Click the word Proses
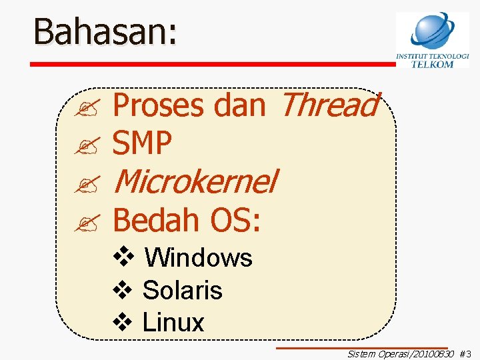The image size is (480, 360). coord(158,105)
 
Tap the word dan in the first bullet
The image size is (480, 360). coord(240,105)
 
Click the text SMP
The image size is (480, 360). coord(143,143)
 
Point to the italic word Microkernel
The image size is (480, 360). coord(195,181)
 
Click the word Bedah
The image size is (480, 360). coord(158,219)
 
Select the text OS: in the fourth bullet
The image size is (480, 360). coord(235,219)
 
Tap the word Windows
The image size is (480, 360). coord(198,257)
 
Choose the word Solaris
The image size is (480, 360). coord(182,290)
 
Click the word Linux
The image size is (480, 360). coord(173,323)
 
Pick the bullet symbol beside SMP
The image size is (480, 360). coord(87,145)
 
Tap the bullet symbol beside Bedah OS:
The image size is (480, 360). coord(87,221)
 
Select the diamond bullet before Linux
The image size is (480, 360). coord(124,322)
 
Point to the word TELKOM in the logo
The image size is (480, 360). coord(432,64)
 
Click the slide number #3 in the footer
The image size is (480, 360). coord(465,354)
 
